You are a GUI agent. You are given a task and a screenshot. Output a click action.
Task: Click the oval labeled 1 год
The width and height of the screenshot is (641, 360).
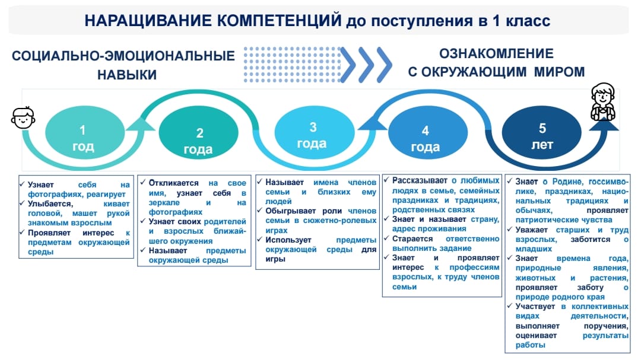[x=85, y=132]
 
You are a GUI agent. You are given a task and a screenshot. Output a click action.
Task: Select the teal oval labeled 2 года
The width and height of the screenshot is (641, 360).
[x=199, y=132]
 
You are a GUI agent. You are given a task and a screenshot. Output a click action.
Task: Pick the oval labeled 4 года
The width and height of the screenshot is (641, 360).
[x=427, y=132]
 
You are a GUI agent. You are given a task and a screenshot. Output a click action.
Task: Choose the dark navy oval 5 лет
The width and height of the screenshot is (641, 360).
[x=542, y=132]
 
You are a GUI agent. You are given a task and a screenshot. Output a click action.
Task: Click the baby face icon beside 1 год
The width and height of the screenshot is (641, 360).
[x=23, y=118]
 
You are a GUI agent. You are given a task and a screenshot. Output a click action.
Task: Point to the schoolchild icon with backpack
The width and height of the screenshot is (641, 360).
[x=603, y=102]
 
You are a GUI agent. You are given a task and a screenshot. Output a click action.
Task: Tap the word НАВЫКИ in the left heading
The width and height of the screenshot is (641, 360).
[x=127, y=75]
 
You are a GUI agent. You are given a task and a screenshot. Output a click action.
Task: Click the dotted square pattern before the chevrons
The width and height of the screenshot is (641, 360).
[x=292, y=65]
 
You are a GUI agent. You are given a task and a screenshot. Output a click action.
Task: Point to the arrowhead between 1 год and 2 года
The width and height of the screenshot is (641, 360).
[x=140, y=123]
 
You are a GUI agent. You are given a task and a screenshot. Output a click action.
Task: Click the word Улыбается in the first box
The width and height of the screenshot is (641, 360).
[x=50, y=204]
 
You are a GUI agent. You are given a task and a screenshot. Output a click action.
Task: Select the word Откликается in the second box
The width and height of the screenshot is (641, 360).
[x=173, y=183]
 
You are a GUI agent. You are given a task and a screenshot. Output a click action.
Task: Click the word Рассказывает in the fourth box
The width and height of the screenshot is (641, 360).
[x=420, y=181]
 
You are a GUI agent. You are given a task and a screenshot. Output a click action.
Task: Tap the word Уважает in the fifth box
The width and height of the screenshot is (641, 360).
[x=531, y=230]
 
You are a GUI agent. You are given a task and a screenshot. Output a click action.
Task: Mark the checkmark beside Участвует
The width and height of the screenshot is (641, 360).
[x=509, y=305]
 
